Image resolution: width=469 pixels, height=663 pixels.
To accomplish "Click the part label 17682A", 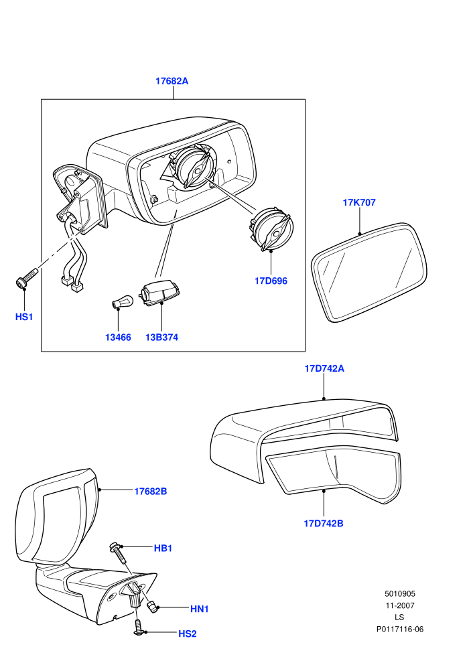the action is pos(172,81).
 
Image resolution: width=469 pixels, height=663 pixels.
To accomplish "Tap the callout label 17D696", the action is pos(271,281).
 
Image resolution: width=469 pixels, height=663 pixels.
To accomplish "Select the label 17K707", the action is pos(359,202).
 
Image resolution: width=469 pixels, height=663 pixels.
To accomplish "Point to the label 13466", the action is pos(118,338).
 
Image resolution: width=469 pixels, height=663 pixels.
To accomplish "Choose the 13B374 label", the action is pos(161,338).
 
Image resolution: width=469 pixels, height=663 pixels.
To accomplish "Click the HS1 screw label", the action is pos(24,317).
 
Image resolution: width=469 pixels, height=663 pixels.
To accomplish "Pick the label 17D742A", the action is pos(324,369).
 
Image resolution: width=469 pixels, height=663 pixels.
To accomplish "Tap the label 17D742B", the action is pos(324,524).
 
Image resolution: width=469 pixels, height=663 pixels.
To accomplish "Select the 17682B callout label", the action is pos(151,492).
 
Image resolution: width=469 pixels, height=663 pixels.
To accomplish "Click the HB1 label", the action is pos(163,548).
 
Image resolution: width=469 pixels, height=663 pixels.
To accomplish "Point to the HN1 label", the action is pos(199,609).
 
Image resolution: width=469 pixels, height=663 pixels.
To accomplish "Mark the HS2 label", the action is pos(188,634).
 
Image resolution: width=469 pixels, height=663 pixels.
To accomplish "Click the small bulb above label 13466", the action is pos(123,303).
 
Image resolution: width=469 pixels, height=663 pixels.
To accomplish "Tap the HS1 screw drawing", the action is pos(26,278).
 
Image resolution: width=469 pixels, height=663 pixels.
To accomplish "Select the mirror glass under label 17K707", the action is pos(369,273).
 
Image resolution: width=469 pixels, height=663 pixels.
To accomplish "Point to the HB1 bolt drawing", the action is pos(119,553).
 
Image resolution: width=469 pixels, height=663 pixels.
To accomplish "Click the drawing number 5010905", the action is pos(399,593).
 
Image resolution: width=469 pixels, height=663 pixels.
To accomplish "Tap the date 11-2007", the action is pos(399,605).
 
